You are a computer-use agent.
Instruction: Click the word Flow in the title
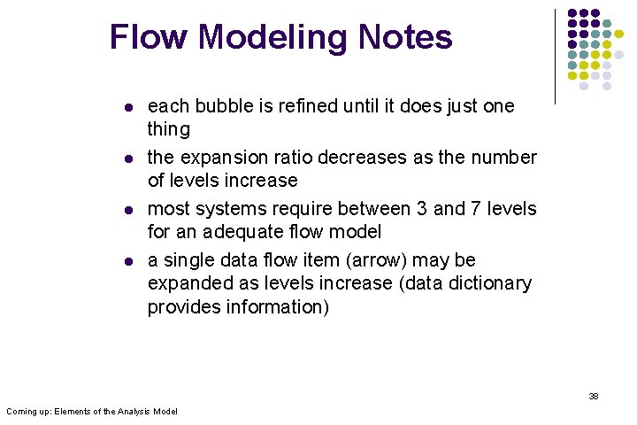coord(149,37)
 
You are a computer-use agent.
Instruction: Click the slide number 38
coord(594,396)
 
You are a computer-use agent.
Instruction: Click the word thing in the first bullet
coord(168,129)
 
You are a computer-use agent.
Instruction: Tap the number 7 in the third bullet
coord(479,209)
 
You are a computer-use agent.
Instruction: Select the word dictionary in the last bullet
coord(489,283)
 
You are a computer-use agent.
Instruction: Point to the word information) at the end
coord(266,306)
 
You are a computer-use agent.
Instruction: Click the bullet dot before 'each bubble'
coord(129,107)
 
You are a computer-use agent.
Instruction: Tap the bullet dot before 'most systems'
coord(129,210)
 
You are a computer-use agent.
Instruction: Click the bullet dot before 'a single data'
coord(129,261)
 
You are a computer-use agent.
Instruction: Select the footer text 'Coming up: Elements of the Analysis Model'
coord(92,412)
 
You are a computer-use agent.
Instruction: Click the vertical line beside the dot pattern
coord(555,56)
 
